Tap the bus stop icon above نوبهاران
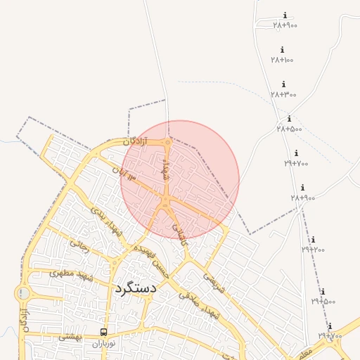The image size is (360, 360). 104,333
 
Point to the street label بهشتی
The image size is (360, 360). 71,337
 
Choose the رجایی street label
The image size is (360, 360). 79,244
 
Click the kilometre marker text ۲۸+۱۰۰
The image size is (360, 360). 282,60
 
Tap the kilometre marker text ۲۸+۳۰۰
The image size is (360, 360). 283,94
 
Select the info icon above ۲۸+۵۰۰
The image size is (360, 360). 289,119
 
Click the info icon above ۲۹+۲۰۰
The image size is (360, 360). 313,240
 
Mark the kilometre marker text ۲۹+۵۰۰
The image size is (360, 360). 323,301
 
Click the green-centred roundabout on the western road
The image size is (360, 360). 24,293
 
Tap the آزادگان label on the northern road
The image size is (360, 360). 136,141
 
